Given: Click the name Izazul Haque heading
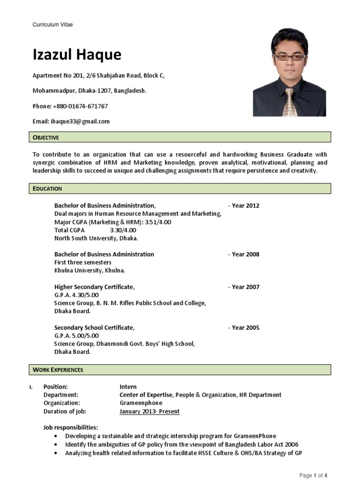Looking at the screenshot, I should click(77, 55).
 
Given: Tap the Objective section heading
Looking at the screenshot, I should click(46, 137).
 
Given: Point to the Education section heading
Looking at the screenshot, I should click(47, 188).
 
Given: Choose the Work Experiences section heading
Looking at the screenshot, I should click(58, 370).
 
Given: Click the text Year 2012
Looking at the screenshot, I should click(245, 205).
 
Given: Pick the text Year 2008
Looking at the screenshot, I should click(245, 254).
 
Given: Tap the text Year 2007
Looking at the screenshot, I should click(245, 287).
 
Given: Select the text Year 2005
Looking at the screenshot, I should click(245, 328).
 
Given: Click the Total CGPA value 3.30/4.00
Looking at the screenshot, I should click(123, 230).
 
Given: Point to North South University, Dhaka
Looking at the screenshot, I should click(96, 238).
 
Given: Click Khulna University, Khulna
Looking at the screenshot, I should click(90, 270).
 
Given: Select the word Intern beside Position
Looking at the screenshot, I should click(128, 387).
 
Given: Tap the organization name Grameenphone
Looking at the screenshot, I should click(141, 403).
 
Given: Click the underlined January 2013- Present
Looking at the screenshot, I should click(150, 412).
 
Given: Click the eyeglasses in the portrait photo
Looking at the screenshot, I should click(289, 57).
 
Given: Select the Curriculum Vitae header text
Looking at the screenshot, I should click(52, 24).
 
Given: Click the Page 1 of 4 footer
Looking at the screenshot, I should click(313, 476).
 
